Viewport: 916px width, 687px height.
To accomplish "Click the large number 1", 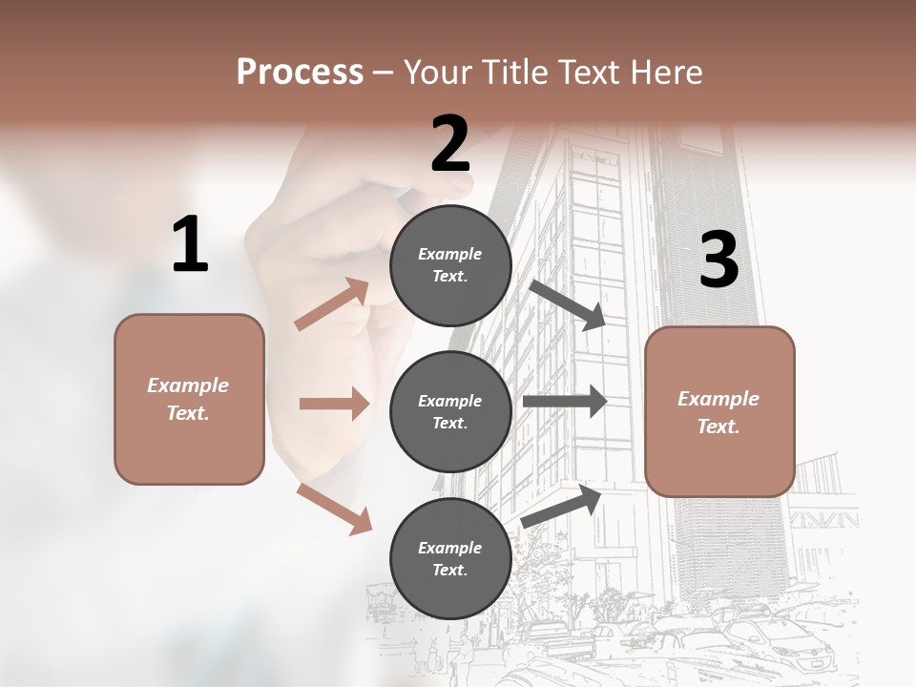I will click(190, 245).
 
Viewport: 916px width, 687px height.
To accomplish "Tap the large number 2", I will click(450, 144).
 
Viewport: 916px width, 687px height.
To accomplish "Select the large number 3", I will click(718, 260).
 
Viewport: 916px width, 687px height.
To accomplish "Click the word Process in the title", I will click(300, 72).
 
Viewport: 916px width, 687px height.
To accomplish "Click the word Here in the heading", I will click(665, 72).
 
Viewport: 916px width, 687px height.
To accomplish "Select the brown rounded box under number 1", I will click(189, 399).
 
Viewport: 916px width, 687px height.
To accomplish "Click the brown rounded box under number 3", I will click(719, 412).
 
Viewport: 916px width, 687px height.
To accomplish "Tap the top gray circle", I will click(450, 265).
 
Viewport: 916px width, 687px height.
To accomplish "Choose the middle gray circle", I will click(450, 411).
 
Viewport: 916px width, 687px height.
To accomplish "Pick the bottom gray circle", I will click(450, 558).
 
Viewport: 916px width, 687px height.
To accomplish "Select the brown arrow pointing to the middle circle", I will click(334, 404).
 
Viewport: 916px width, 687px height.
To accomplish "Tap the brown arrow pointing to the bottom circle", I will click(334, 509).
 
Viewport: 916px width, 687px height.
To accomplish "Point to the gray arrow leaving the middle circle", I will click(564, 402).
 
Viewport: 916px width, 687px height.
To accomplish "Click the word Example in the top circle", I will click(449, 254).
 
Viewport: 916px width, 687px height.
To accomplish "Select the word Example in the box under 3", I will click(718, 399).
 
